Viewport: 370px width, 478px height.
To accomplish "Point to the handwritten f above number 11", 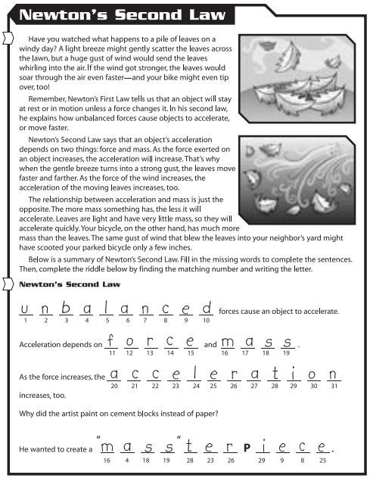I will coord(111,340).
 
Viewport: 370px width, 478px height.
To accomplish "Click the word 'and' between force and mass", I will coord(210,344).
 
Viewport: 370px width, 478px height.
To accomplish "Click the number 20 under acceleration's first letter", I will coord(114,385).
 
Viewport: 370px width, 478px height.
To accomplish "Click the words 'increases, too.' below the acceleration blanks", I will coord(42,394).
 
